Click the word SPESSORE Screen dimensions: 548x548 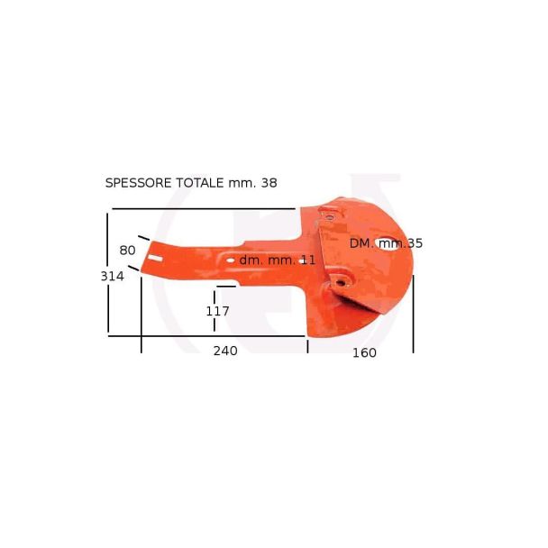coord(139,183)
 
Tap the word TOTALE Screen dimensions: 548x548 coord(199,183)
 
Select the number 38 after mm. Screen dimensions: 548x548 coord(269,183)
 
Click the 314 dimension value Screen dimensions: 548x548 coord(112,277)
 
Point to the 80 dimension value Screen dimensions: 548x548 coord(127,251)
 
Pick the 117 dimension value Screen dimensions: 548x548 coord(217,311)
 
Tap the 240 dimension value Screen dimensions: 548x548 coord(225,351)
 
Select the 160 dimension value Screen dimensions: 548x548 coord(364,353)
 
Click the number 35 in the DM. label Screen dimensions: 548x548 coord(415,243)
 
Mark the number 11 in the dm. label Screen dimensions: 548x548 coord(308,260)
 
